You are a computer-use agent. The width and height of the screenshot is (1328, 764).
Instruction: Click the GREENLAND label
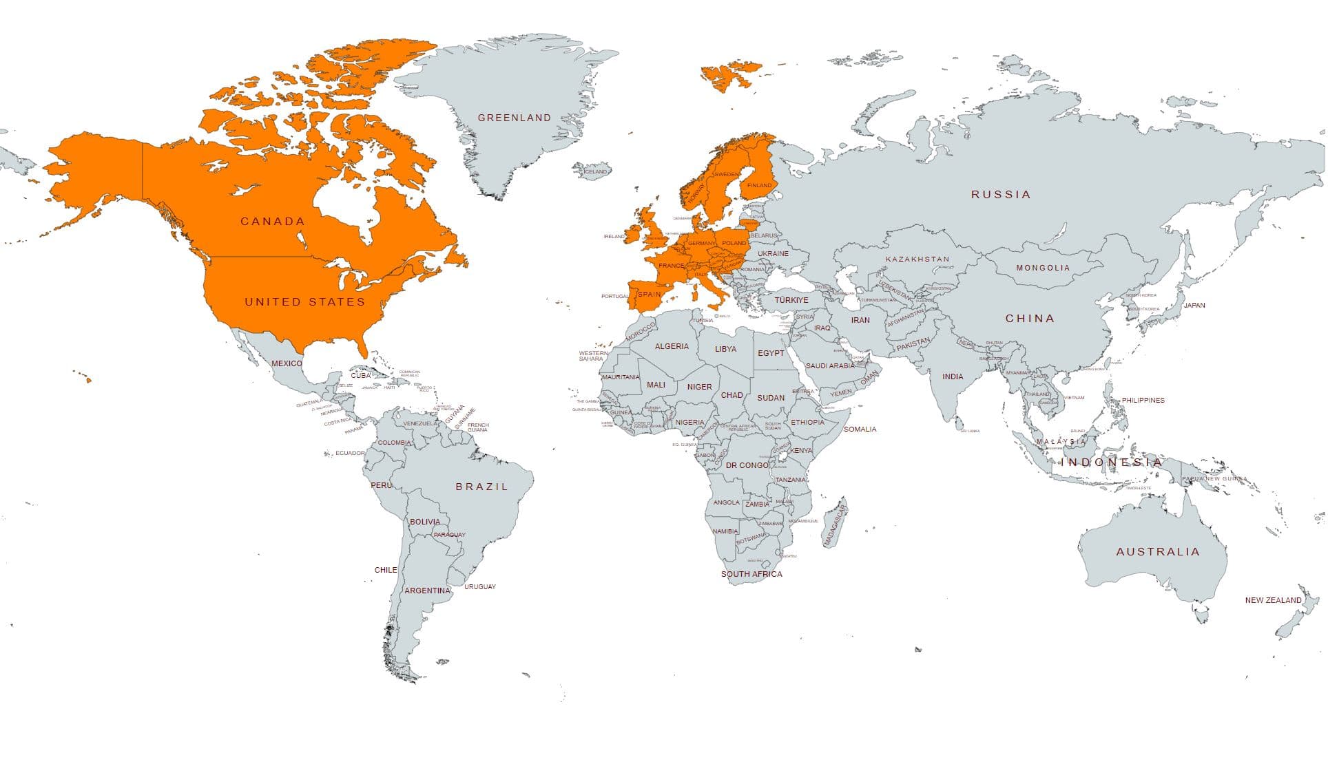click(515, 118)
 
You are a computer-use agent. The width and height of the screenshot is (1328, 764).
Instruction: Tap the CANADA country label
click(273, 221)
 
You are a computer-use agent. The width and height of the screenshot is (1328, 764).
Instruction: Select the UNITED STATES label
click(304, 301)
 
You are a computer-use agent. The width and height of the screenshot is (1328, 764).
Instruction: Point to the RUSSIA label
click(1001, 195)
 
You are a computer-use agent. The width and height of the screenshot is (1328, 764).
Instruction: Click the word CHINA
click(1030, 318)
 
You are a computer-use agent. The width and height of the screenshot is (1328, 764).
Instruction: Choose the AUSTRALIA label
click(1158, 551)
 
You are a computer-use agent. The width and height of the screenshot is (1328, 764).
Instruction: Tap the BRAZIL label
click(482, 487)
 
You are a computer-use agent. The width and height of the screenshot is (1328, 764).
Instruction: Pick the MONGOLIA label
click(1044, 268)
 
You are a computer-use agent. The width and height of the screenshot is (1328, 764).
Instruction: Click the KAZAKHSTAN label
click(917, 259)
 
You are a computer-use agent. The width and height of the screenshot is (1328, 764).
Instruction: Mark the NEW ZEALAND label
click(1273, 600)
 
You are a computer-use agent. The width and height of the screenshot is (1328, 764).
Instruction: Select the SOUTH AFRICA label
click(751, 574)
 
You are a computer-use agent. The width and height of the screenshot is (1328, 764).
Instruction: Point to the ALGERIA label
click(672, 346)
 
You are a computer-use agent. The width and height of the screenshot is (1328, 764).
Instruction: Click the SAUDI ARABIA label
click(830, 366)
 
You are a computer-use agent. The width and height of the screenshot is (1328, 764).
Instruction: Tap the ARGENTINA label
click(427, 591)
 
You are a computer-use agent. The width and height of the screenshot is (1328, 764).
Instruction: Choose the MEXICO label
click(287, 363)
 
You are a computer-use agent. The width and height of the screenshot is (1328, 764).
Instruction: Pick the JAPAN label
click(1194, 305)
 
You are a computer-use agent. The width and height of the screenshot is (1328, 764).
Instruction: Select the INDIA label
click(953, 376)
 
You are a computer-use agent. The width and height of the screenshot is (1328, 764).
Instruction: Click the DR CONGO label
click(747, 465)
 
